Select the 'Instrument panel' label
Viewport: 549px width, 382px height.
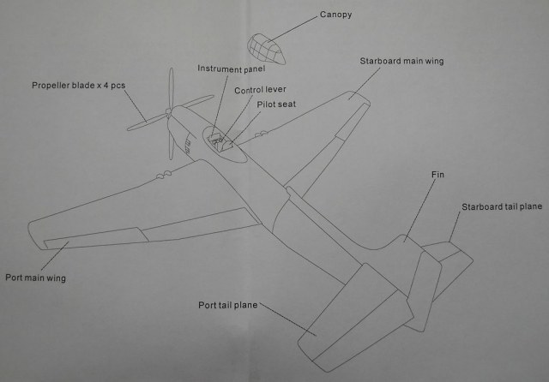[x=232, y=69]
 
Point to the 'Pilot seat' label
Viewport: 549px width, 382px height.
[x=276, y=104]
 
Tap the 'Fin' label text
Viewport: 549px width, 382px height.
[x=437, y=175]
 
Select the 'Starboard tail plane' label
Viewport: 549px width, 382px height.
[x=501, y=207]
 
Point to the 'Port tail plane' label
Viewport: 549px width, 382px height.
[x=227, y=305]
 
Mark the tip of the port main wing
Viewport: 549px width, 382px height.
[x=34, y=230]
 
